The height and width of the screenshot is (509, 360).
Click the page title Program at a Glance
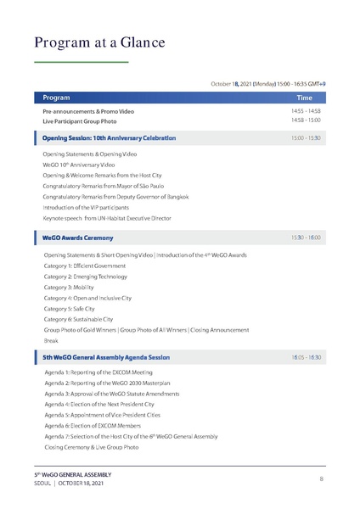coord(99,42)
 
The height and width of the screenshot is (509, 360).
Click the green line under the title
coord(82,63)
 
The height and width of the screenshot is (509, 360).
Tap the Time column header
coord(304,98)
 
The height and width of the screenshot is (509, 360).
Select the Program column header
coord(57,98)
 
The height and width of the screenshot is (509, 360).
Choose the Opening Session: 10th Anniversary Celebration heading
coord(110,137)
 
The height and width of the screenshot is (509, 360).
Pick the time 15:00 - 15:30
coord(306,137)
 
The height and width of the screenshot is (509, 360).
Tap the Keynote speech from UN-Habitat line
coord(107,218)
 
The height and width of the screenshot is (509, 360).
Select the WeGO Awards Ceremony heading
coord(78,238)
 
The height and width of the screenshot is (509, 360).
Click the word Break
coord(51,340)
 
